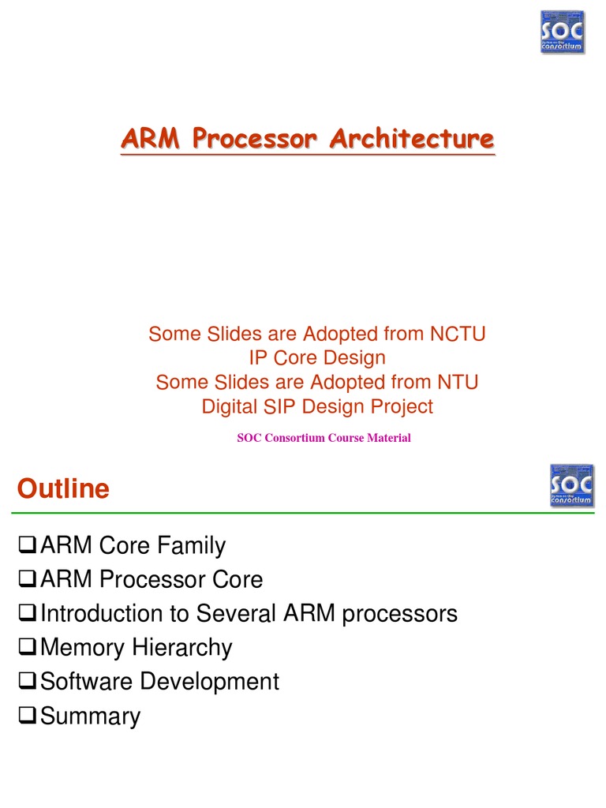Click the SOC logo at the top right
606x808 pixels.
(x=562, y=32)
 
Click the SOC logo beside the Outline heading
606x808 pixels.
(x=571, y=485)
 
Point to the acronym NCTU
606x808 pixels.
(x=458, y=334)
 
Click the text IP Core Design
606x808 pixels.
(x=317, y=357)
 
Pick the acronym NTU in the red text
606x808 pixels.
(x=458, y=382)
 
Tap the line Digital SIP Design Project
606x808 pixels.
(x=317, y=406)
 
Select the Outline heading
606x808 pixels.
(x=64, y=489)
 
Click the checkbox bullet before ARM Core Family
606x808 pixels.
(x=26, y=545)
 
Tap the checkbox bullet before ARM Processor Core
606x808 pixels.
(x=26, y=580)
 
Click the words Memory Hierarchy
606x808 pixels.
(x=136, y=648)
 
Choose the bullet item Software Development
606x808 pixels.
(x=159, y=682)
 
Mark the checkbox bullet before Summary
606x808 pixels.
(x=26, y=716)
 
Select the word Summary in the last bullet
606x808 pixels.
(x=90, y=716)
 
